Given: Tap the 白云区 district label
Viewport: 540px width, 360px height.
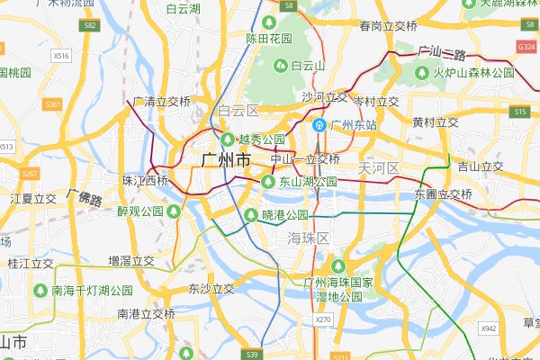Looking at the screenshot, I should (238, 111).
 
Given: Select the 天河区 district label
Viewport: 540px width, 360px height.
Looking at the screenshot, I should (378, 167).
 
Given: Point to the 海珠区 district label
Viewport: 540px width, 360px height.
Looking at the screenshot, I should (310, 238).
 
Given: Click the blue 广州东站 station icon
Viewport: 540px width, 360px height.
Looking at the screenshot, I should (319, 125).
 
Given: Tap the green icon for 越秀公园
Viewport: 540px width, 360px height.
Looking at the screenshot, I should (227, 139).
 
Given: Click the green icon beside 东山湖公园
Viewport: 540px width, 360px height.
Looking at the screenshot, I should (267, 182).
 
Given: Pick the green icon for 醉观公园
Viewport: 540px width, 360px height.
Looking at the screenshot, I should (173, 211).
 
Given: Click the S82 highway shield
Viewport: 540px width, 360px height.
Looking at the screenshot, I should (88, 26).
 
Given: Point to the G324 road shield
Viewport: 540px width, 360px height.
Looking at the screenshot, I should (526, 45).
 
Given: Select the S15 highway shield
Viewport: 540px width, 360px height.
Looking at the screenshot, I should (519, 112).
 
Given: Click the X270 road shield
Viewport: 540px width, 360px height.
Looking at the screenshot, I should (323, 319).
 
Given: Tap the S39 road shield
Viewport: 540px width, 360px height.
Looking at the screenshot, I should (252, 355).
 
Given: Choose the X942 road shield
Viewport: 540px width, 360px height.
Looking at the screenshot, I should (489, 328).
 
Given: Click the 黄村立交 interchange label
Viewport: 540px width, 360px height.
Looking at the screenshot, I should (436, 122).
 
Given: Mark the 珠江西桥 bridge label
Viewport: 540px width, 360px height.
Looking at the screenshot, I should (145, 181).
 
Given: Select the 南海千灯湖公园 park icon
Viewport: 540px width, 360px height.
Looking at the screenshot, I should (40, 291).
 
